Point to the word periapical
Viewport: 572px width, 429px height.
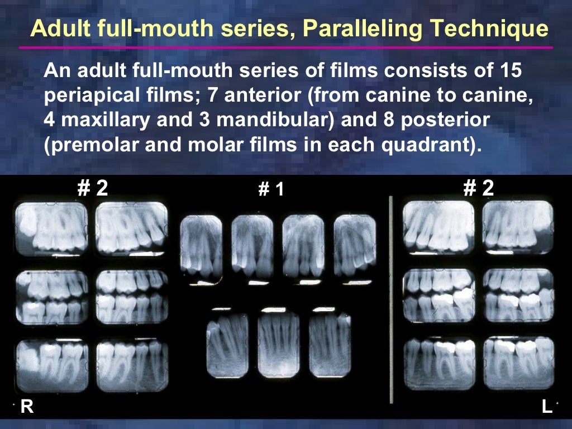point(89,96)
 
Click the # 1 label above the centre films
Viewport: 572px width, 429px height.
point(271,190)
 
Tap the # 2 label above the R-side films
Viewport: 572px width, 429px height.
point(92,188)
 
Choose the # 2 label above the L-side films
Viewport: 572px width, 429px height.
point(479,188)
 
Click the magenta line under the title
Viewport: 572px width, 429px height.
point(285,47)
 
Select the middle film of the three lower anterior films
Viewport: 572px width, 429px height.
point(278,345)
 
